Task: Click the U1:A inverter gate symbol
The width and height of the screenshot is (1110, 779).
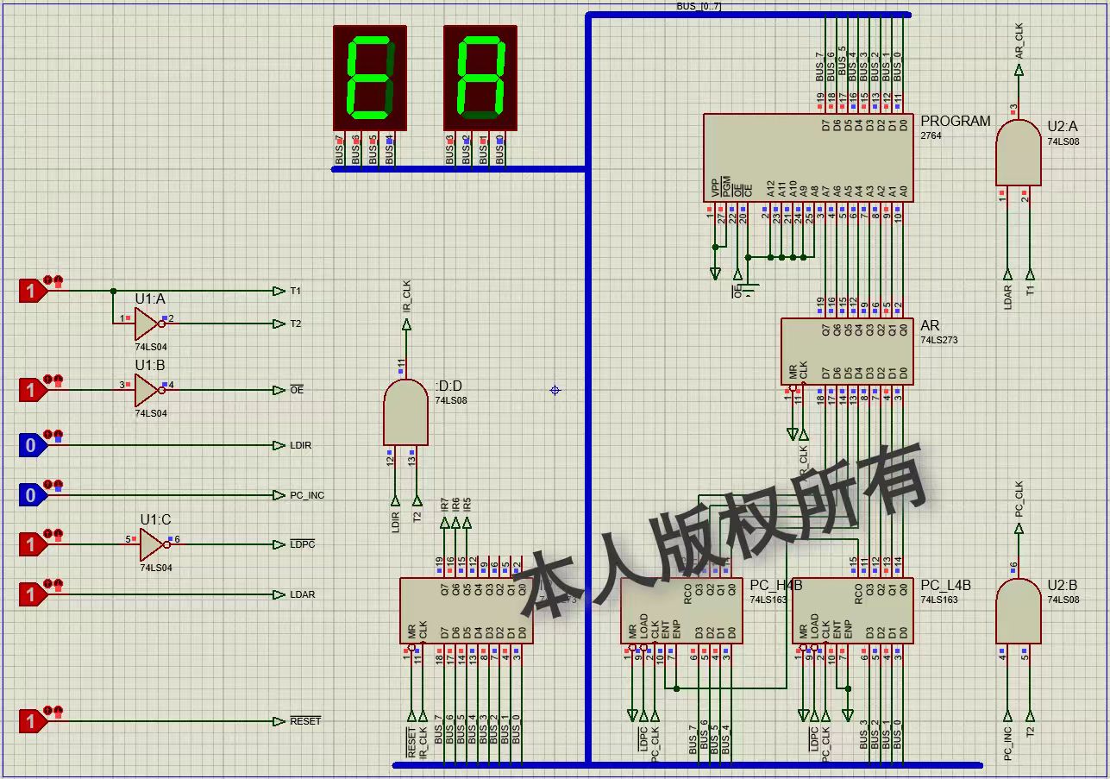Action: (147, 324)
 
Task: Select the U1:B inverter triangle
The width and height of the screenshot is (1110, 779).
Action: (147, 390)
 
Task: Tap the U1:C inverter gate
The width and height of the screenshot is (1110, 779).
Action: (152, 544)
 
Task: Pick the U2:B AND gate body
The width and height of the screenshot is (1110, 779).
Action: (1018, 612)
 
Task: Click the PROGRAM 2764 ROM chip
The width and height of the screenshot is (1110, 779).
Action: (807, 158)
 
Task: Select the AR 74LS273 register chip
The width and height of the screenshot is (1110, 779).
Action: (846, 351)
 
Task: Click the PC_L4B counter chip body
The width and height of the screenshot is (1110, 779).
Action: (851, 611)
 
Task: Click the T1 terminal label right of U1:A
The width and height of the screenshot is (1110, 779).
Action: (296, 292)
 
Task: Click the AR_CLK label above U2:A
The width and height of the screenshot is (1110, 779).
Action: (1019, 41)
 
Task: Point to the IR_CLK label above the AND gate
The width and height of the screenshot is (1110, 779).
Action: (406, 296)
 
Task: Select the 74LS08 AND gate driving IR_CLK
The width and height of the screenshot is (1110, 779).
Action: (405, 413)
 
